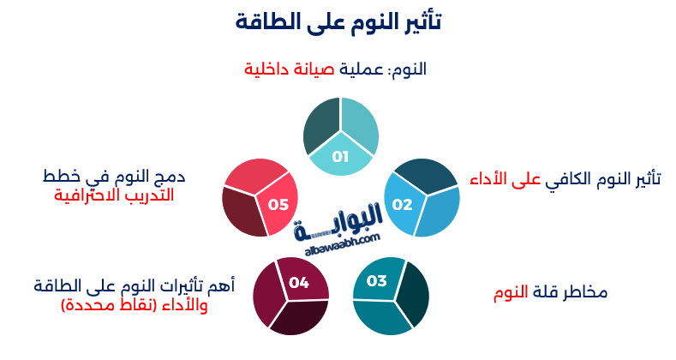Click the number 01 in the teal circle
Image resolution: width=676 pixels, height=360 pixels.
coord(341,157)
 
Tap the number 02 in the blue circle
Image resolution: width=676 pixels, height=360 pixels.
coord(403,205)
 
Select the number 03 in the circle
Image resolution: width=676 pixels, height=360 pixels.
coord(377,281)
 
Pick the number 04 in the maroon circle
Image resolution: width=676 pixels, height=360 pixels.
coord(299,282)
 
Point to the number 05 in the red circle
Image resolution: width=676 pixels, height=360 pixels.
coord(278,205)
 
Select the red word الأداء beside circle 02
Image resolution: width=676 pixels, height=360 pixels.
coord(491,178)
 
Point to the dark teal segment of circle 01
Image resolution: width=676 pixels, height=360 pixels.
coord(320,126)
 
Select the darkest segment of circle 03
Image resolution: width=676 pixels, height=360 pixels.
coord(413,293)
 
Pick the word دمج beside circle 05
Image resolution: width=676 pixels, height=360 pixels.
coord(172,177)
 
